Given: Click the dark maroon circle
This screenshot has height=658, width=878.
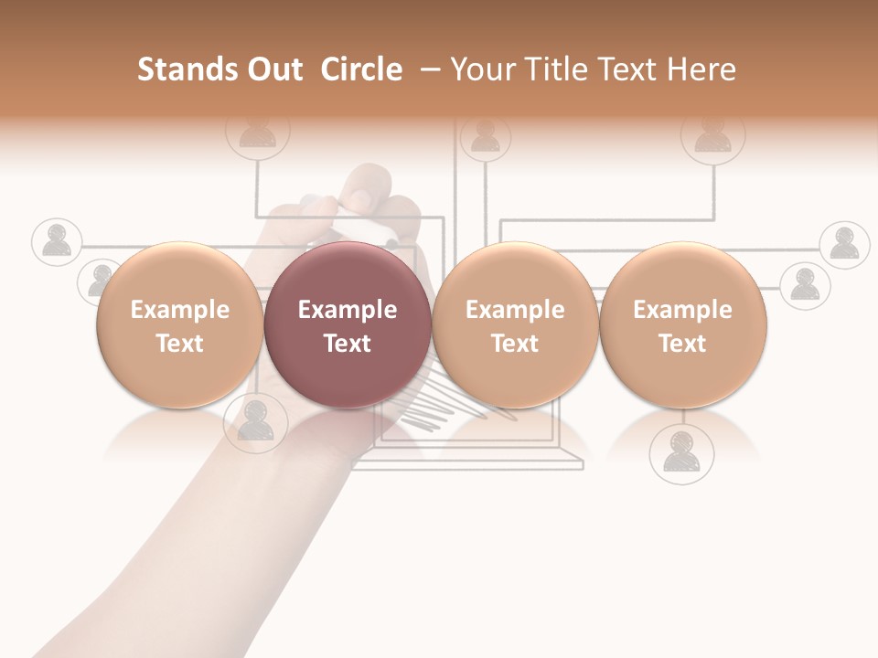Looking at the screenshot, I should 348,325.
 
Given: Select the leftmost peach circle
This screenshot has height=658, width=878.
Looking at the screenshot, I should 180,325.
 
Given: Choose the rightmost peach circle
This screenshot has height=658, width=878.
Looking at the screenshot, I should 682,325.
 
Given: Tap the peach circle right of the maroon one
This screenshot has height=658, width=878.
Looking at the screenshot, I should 515,325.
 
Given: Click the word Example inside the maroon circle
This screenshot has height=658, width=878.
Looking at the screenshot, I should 348,310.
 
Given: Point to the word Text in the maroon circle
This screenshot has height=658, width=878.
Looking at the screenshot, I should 348,344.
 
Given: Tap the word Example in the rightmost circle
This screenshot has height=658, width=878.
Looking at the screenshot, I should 682,310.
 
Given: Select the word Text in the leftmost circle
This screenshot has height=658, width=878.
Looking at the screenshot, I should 180,344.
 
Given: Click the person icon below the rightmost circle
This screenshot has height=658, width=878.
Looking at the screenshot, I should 681,453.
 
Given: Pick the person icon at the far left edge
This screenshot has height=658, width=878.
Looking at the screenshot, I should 57,241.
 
